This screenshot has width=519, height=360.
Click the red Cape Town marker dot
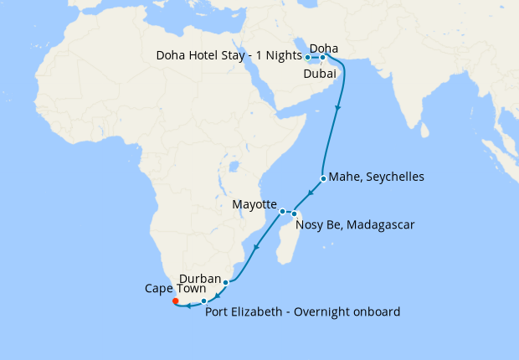tap(175, 301)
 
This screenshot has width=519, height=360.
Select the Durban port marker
tap(225, 282)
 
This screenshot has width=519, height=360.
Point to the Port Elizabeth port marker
tap(203, 301)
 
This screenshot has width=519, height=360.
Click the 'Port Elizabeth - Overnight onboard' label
tap(302, 312)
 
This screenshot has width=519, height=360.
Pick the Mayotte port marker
tap(283, 211)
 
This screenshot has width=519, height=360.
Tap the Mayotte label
tap(254, 204)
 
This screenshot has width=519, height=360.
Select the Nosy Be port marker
tap(295, 214)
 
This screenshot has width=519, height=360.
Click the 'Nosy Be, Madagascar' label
tap(356, 225)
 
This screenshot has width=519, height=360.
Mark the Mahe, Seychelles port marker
tap(323, 178)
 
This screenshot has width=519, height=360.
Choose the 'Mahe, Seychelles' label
tap(377, 177)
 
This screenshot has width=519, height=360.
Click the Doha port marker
tap(308, 58)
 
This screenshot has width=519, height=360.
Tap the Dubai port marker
tap(323, 58)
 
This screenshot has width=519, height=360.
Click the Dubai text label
tap(320, 74)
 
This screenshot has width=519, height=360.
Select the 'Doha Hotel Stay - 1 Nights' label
tap(229, 56)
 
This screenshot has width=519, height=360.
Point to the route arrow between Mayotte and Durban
tap(254, 246)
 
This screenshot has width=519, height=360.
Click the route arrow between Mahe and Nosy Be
tap(310, 194)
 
